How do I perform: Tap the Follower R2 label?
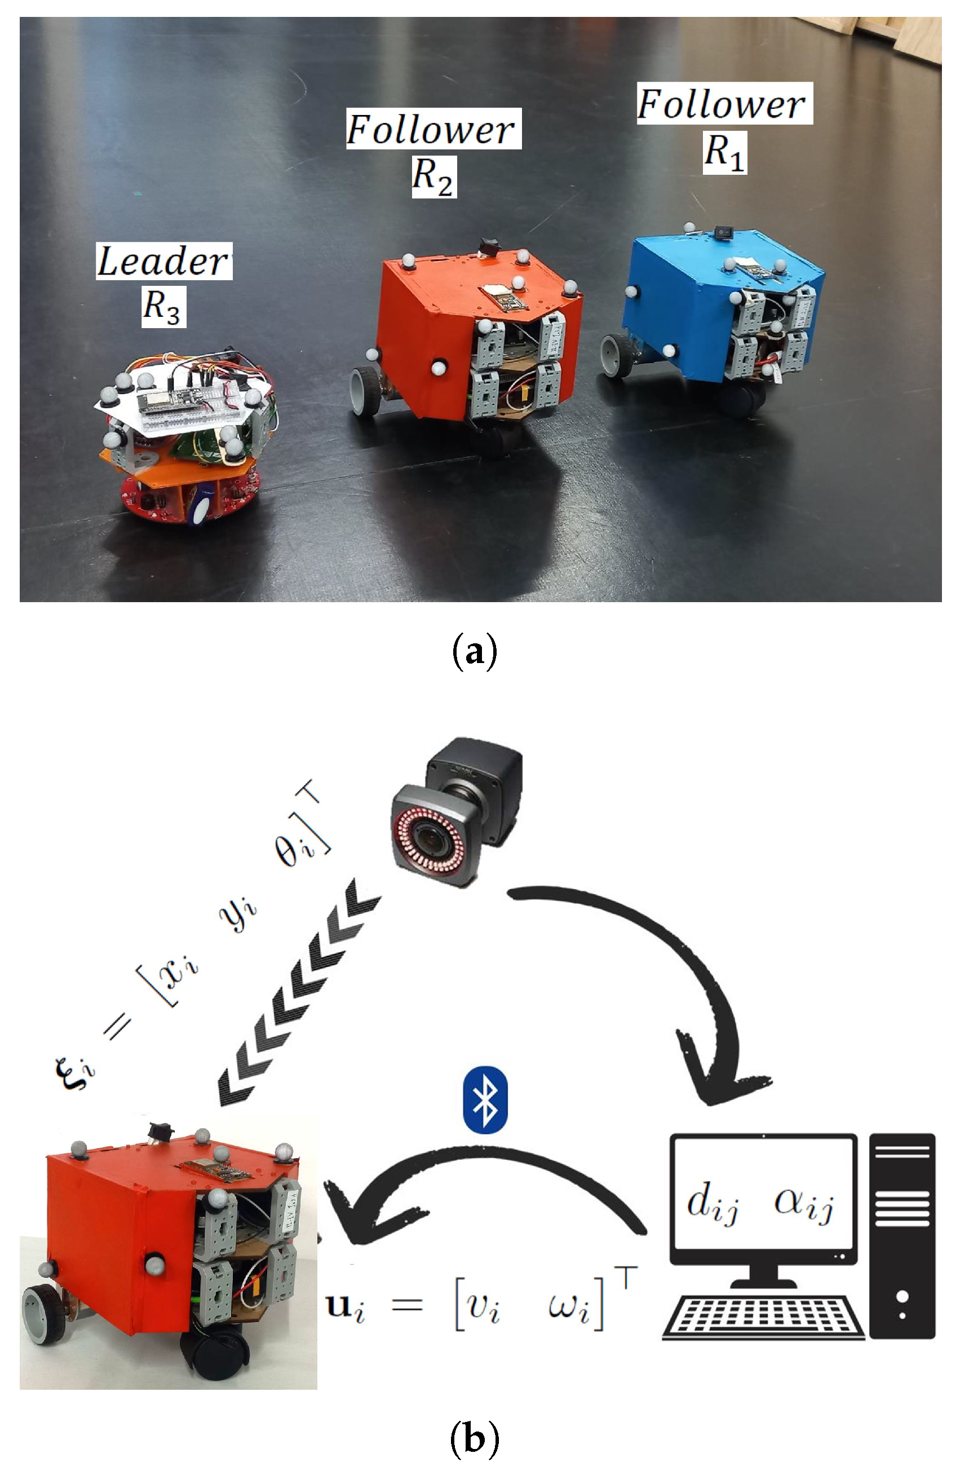click(x=433, y=152)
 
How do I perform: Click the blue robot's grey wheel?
click(x=616, y=356)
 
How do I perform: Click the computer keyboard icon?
click(x=762, y=1316)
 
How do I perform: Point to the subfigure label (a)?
click(x=475, y=651)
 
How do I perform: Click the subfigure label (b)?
click(x=475, y=1438)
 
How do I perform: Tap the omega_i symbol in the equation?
click(x=569, y=1306)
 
